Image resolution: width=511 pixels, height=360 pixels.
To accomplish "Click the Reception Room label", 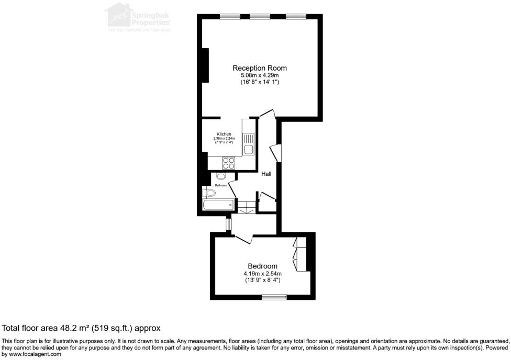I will click(260, 68).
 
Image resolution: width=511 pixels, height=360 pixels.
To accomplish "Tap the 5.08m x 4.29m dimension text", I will click(260, 76).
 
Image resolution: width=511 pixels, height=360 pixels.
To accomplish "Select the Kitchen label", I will click(224, 134).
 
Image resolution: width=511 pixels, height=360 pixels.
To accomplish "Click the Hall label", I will click(266, 174).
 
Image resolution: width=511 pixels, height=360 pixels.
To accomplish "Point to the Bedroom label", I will click(263, 266).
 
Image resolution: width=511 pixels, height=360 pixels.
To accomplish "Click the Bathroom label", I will click(221, 185).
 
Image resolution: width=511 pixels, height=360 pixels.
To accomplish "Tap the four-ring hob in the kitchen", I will click(229, 163).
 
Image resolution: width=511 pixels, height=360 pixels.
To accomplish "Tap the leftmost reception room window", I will click(229, 17).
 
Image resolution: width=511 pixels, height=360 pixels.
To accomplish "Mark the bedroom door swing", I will click(243, 238).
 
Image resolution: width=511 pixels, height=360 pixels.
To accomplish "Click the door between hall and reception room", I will click(266, 113).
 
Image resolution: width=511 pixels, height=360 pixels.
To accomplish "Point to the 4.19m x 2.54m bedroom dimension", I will click(263, 274).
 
